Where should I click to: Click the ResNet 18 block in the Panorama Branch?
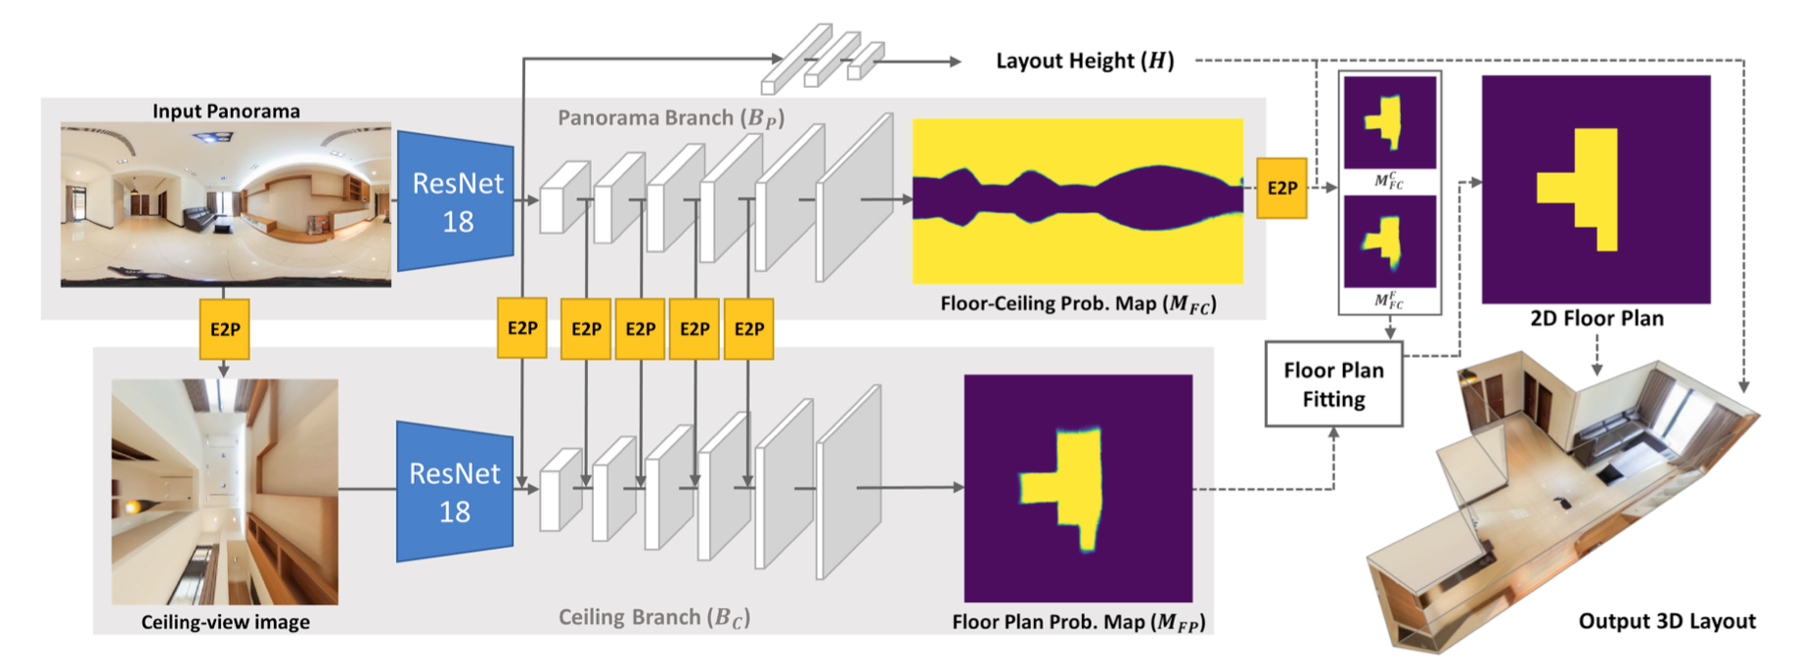456,201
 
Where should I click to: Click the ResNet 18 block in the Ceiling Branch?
454,492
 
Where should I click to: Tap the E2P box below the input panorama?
224,329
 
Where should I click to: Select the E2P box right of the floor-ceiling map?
1281,188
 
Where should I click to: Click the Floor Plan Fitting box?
1333,384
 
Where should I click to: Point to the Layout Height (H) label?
1084,61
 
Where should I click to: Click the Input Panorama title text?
226,111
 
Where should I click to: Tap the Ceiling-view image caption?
225,622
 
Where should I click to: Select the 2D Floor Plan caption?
1596,318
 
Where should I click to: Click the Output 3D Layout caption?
1667,621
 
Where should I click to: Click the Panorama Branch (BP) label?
671,118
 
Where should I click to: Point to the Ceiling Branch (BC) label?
654,617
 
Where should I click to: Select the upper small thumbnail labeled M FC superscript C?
1389,122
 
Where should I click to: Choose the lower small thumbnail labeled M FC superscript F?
1389,242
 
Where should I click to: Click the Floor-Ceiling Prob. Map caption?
1078,304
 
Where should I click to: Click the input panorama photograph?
226,204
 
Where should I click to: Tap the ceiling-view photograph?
225,492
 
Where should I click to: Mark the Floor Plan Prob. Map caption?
1078,622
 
